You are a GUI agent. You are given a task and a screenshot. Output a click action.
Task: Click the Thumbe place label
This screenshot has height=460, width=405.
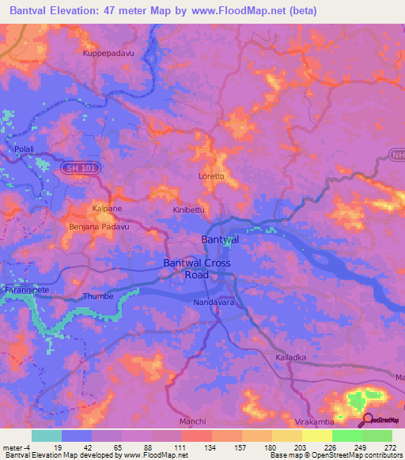[98, 297]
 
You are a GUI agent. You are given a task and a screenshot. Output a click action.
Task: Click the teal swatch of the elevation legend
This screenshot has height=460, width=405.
[46, 435]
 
